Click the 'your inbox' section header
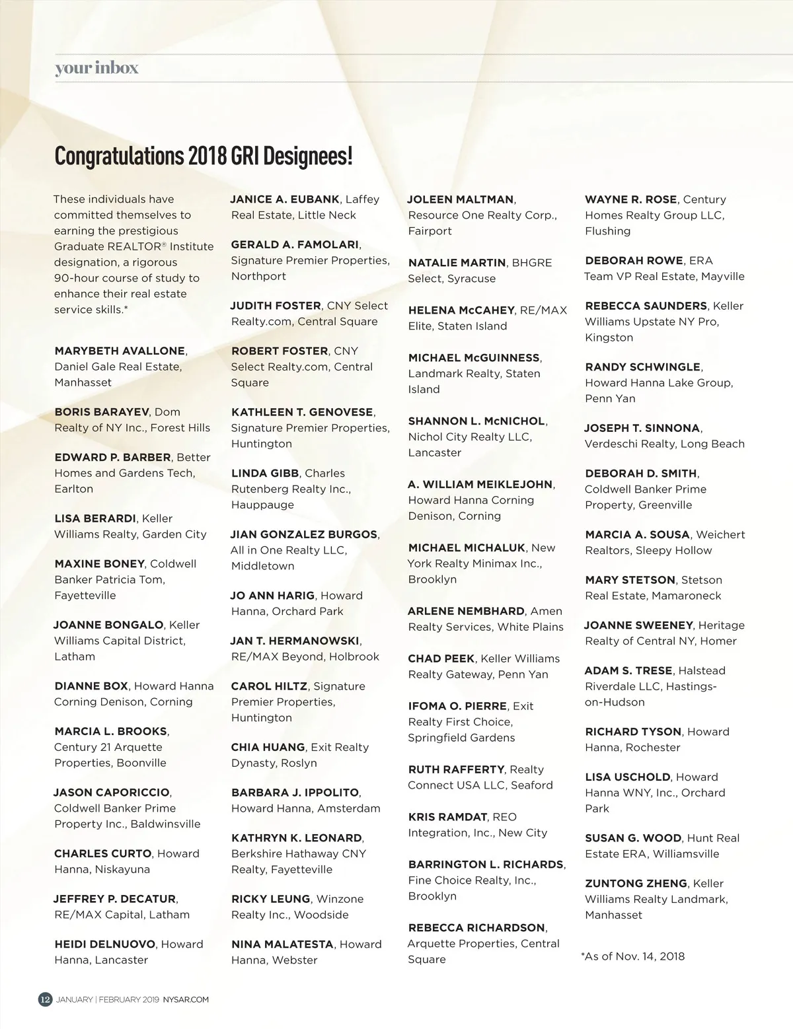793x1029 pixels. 96,68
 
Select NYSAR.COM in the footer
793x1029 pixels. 186,1000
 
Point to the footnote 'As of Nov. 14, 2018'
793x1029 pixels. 633,956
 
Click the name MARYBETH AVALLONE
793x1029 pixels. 120,351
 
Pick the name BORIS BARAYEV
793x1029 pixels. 102,411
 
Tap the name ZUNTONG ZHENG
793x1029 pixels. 636,883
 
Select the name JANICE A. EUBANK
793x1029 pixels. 285,199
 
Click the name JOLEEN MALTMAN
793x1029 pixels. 461,199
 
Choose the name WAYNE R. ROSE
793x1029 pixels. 630,199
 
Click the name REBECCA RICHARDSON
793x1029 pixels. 476,927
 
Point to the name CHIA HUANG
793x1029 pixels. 268,747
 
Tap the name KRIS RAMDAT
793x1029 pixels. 447,817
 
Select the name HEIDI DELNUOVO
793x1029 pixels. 105,944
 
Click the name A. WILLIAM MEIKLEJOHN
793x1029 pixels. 480,484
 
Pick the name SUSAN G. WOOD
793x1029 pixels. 632,837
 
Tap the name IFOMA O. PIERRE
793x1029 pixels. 457,706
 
